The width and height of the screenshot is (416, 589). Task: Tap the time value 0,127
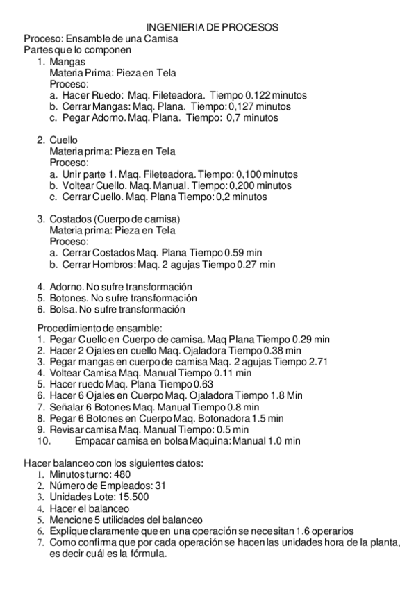(x=233, y=106)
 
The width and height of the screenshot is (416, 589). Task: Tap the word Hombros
(x=115, y=264)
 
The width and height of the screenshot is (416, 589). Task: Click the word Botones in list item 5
(x=66, y=298)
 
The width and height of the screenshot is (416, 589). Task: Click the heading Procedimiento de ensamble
(x=99, y=328)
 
